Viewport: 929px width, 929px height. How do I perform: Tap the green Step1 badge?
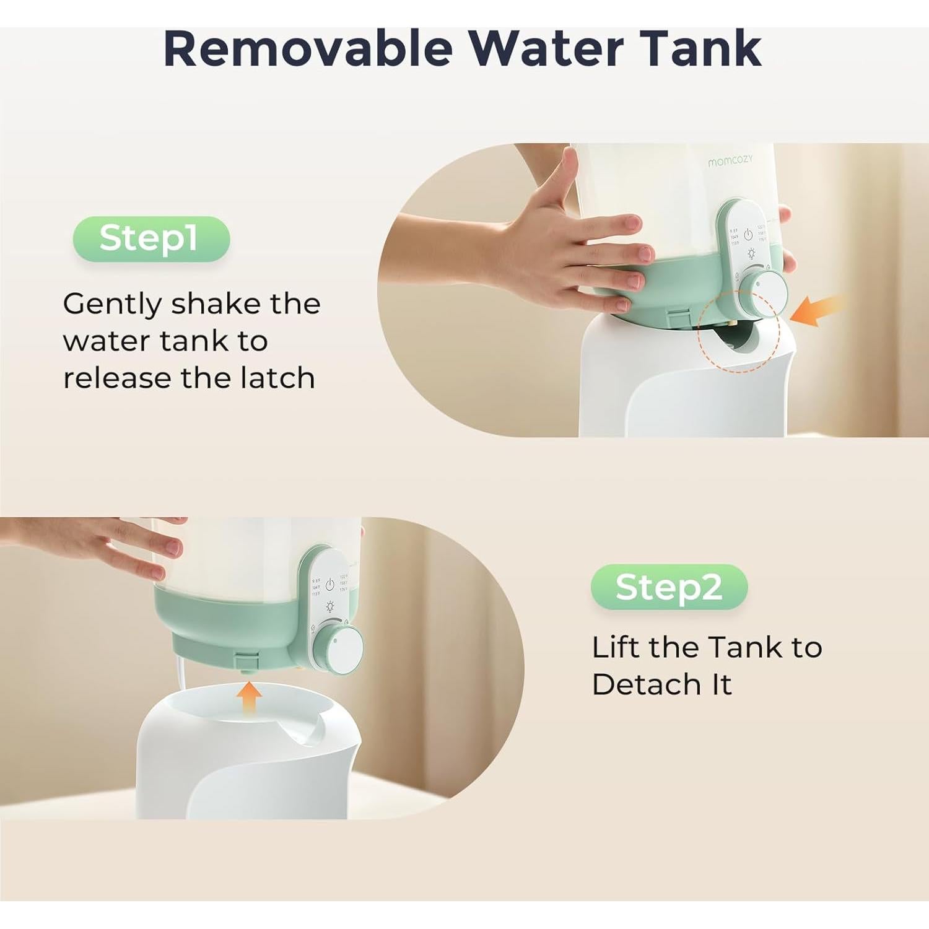point(151,238)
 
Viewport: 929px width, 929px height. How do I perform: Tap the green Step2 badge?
point(669,587)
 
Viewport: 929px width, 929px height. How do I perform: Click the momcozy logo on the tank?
point(731,161)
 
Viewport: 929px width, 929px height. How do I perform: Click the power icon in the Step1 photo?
point(748,234)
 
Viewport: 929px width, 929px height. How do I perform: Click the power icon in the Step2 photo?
point(330,585)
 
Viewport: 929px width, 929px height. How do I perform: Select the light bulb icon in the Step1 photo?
point(751,253)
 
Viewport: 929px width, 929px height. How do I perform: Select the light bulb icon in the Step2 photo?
point(330,606)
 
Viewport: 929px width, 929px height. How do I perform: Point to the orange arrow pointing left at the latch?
point(819,311)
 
